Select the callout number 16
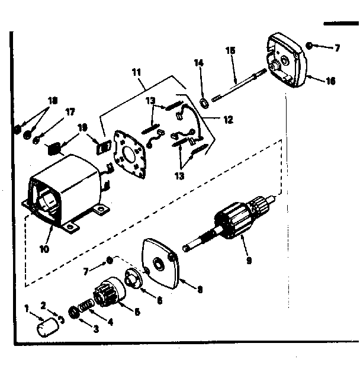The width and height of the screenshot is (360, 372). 330,81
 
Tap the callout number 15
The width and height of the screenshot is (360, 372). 231,51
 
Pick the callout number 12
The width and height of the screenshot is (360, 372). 229,119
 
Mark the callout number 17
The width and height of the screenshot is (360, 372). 70,111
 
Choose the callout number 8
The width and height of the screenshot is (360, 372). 200,290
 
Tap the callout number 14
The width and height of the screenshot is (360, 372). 199,62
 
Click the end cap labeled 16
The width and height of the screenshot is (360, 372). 288,59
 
